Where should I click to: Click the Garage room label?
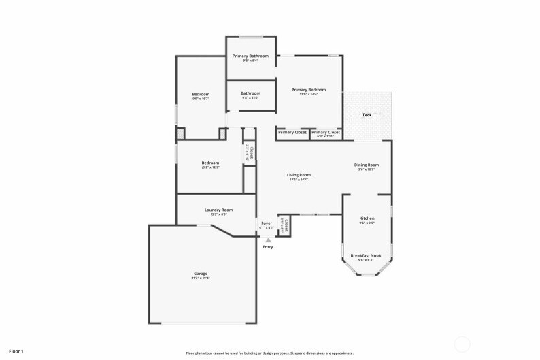(x=200, y=274)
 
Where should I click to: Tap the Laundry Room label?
(x=218, y=210)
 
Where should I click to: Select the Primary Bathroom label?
(x=250, y=56)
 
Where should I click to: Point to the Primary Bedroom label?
(x=309, y=90)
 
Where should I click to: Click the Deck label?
(x=367, y=115)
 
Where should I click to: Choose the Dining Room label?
(x=367, y=165)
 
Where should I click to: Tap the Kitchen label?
(x=367, y=218)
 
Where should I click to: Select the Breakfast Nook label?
(x=366, y=255)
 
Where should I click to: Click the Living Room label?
(x=299, y=175)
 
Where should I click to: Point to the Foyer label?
(x=267, y=223)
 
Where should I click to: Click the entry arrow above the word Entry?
(x=268, y=240)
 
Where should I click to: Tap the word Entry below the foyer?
(x=268, y=247)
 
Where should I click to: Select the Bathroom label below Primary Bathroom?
(x=250, y=93)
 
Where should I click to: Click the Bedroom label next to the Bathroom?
(x=201, y=94)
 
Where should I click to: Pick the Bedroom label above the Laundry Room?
(x=210, y=163)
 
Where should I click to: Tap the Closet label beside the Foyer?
(x=287, y=225)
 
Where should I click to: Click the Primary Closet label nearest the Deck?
(x=325, y=132)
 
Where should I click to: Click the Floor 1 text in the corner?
(x=16, y=350)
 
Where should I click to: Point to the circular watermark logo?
(x=462, y=343)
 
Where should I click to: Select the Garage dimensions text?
(x=200, y=278)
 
